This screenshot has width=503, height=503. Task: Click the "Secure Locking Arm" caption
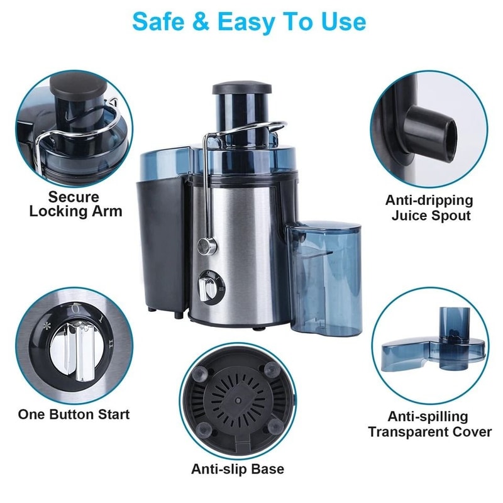[x=75, y=202]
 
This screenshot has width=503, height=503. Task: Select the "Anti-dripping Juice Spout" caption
[x=430, y=209]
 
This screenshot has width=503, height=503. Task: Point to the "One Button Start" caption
[x=74, y=414]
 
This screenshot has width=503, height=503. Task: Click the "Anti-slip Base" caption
[x=238, y=469]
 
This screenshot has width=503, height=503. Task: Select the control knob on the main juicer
[x=206, y=288]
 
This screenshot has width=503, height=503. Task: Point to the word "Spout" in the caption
[x=450, y=216]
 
